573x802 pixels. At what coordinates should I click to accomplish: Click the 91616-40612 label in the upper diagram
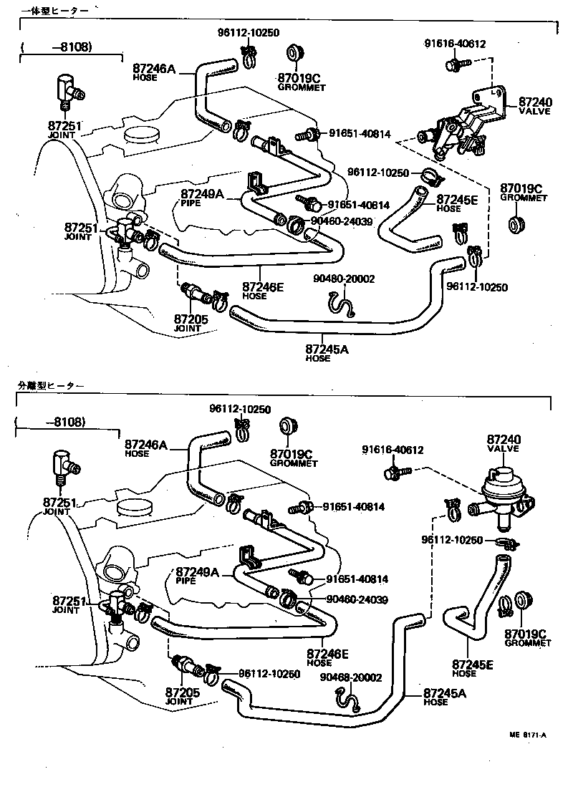pyautogui.click(x=454, y=44)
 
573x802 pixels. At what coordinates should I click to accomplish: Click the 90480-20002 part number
pyautogui.click(x=344, y=279)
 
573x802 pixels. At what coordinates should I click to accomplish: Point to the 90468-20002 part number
pyautogui.click(x=351, y=677)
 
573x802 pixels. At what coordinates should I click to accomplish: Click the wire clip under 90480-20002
pyautogui.click(x=345, y=306)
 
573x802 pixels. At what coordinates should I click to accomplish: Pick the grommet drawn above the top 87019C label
pyautogui.click(x=292, y=56)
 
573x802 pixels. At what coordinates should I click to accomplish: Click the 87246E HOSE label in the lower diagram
pyautogui.click(x=327, y=657)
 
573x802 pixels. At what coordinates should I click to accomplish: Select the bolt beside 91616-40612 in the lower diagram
pyautogui.click(x=395, y=473)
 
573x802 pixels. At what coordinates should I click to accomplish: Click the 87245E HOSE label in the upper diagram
pyautogui.click(x=458, y=203)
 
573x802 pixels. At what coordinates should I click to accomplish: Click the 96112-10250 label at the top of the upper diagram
pyautogui.click(x=248, y=33)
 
